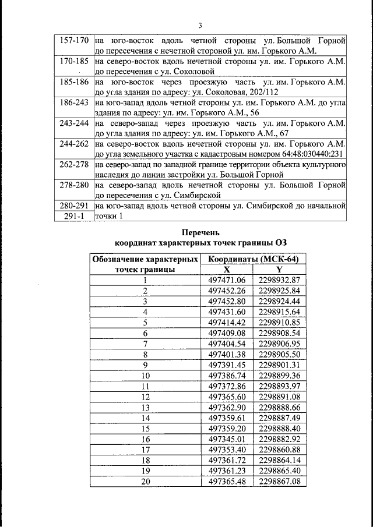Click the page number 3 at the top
click(x=199, y=26)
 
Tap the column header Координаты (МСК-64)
click(x=254, y=259)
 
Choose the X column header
click(x=227, y=270)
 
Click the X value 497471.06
click(x=227, y=280)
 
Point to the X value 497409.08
click(x=227, y=333)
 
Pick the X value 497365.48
click(x=227, y=481)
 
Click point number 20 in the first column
click(x=145, y=481)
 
